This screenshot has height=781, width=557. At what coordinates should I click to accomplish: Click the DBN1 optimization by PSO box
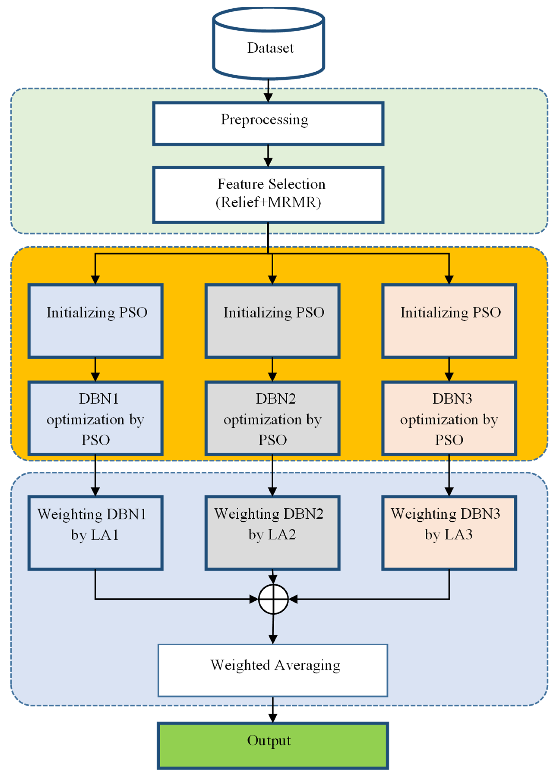pyautogui.click(x=95, y=418)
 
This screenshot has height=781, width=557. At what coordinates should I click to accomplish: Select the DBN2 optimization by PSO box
pyautogui.click(x=272, y=418)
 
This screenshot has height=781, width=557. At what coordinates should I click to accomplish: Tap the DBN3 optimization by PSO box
pyautogui.click(x=449, y=418)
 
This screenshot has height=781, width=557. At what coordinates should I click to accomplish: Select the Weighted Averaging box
pyautogui.click(x=273, y=670)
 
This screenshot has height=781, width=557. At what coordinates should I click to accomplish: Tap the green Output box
pyautogui.click(x=273, y=746)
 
